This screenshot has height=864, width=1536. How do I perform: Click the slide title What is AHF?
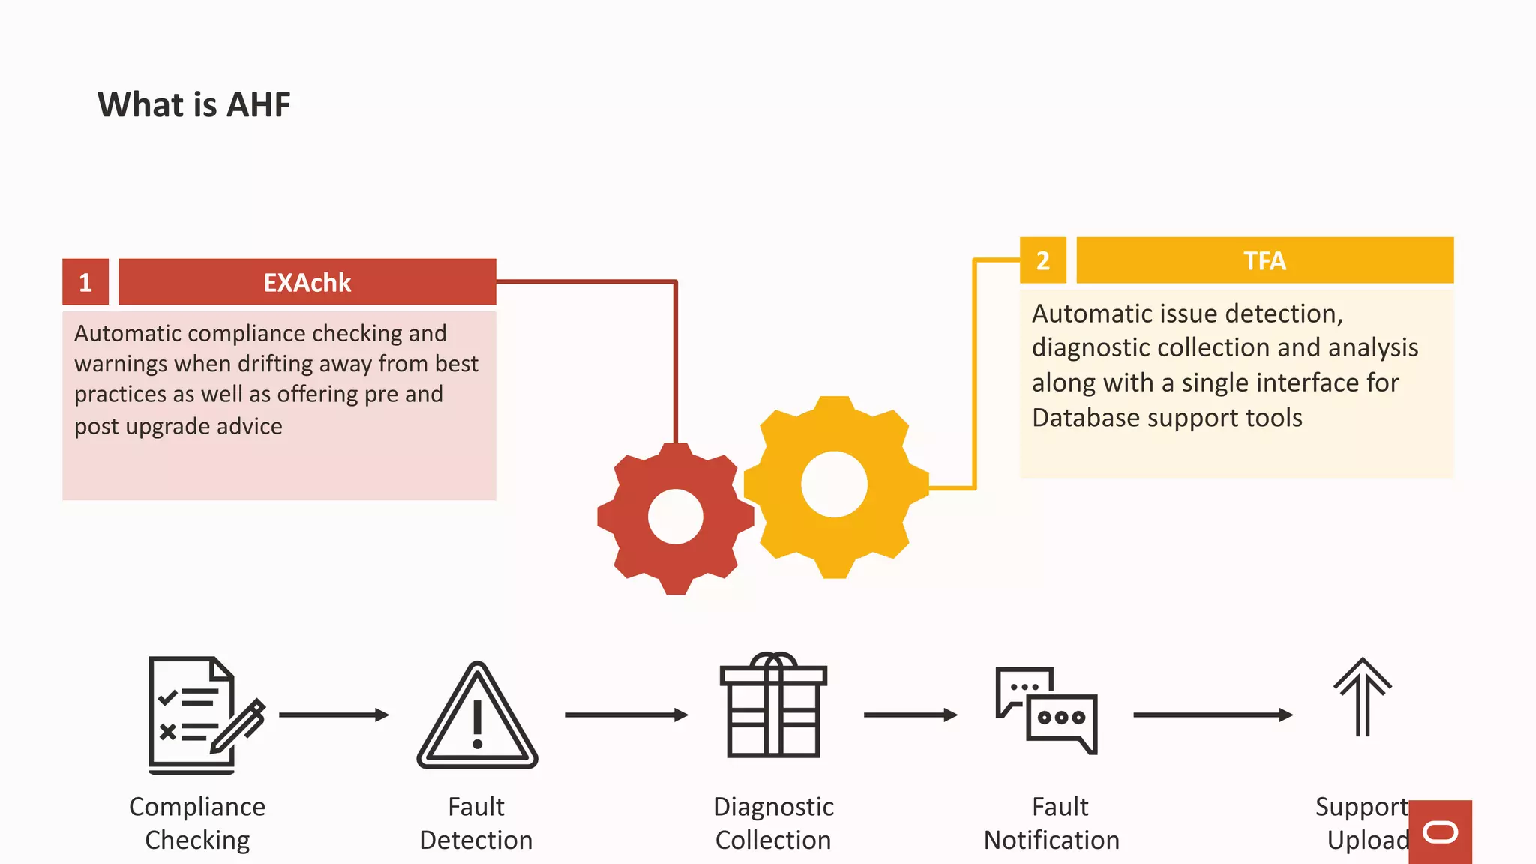(193, 104)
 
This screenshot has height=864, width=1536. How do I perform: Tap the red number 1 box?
(85, 282)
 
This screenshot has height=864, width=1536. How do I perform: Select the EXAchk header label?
(307, 282)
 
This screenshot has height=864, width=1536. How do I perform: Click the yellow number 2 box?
(1042, 260)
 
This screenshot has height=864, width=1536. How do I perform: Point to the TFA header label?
(1264, 260)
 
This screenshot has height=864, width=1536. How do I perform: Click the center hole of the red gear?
(675, 517)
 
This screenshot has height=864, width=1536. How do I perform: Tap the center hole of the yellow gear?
(834, 484)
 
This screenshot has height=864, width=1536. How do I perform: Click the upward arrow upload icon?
(1362, 697)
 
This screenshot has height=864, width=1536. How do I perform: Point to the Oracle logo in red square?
(1440, 832)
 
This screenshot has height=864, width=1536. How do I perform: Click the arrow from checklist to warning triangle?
(334, 715)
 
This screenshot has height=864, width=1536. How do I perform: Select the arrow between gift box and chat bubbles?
(910, 715)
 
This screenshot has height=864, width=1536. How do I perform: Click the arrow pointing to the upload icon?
(1213, 715)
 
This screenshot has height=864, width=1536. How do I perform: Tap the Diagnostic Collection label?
(773, 823)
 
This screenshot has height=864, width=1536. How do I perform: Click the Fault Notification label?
(1051, 823)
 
